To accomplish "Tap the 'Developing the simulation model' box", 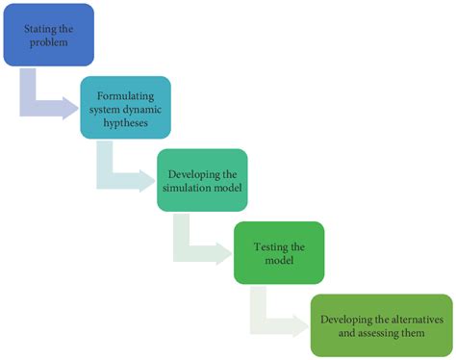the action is pyautogui.click(x=202, y=179).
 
